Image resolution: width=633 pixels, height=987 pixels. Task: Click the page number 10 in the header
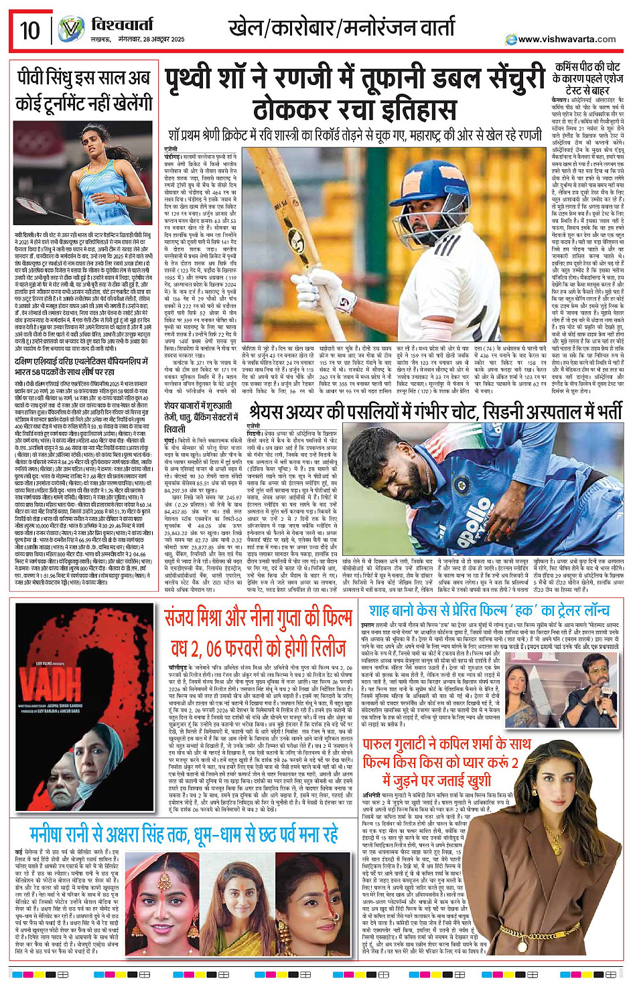29,29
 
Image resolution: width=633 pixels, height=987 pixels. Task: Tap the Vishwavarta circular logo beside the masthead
70,29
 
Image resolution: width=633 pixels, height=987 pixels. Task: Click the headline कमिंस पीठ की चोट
587,78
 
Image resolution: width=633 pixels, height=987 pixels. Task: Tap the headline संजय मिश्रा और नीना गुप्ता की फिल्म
259,632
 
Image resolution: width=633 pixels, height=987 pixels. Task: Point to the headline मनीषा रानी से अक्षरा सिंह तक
184,834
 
